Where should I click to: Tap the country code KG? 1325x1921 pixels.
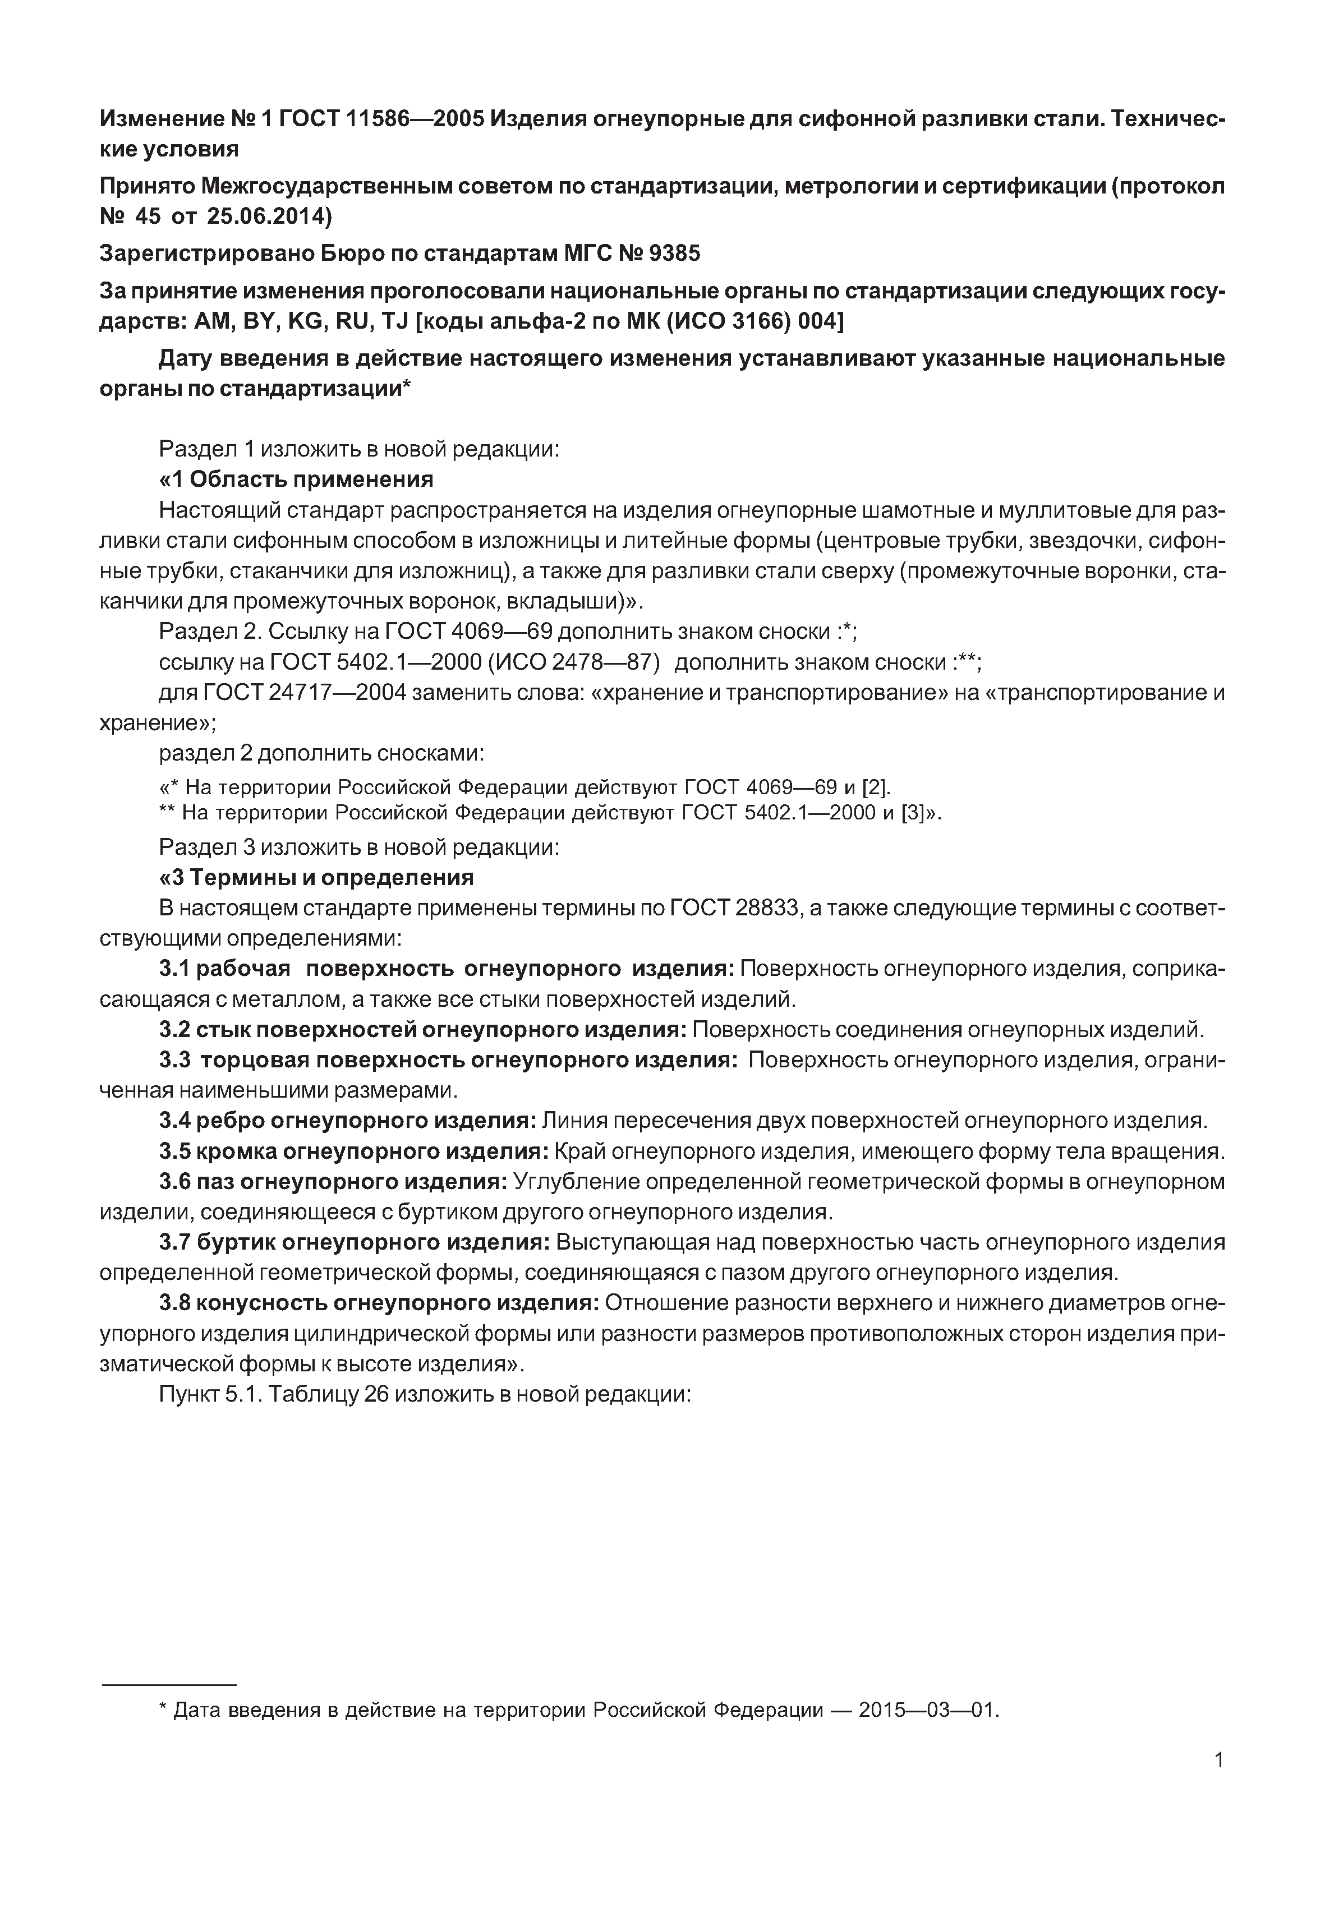(304, 321)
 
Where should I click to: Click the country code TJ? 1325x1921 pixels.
(393, 321)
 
